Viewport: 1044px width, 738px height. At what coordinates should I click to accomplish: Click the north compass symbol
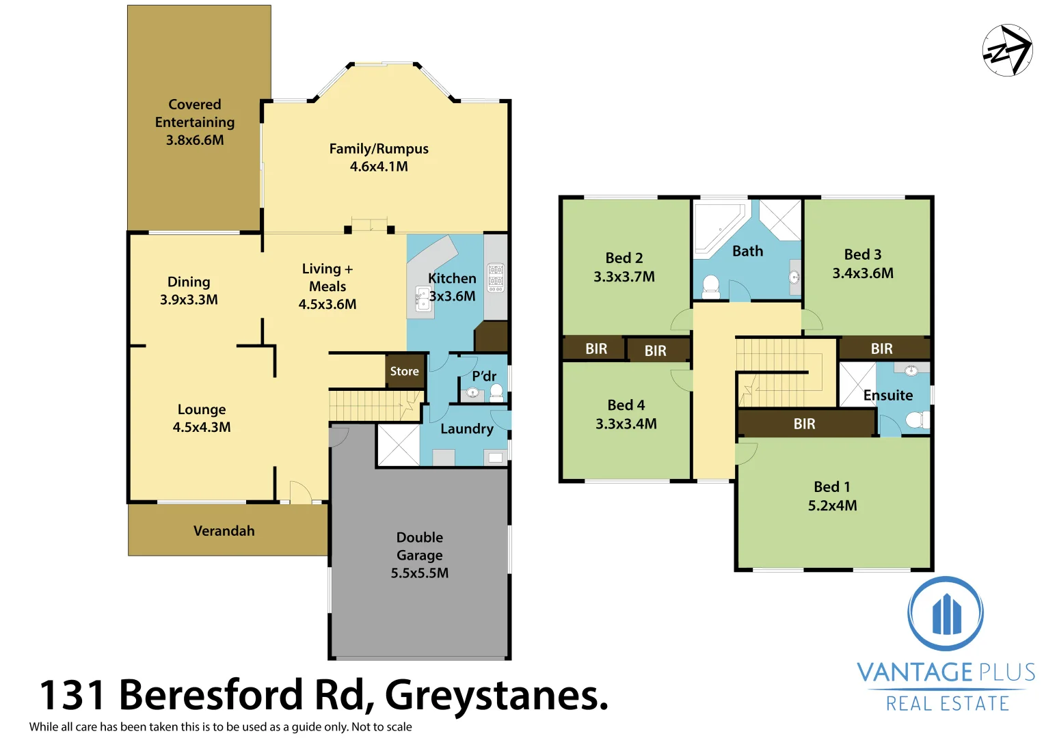[x=1007, y=50]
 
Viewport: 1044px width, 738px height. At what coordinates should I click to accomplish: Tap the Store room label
[x=404, y=371]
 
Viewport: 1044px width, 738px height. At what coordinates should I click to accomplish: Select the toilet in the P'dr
[x=496, y=392]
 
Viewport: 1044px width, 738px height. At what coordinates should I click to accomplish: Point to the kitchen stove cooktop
[x=496, y=278]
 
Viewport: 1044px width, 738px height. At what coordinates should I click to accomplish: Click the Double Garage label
[x=420, y=546]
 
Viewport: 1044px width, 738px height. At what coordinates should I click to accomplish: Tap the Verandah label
[x=224, y=531]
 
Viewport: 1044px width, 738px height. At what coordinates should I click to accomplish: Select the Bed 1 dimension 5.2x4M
[x=832, y=506]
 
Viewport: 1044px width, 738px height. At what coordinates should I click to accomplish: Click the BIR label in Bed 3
[x=881, y=348]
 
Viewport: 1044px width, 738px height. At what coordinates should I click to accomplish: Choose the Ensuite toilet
[x=915, y=420]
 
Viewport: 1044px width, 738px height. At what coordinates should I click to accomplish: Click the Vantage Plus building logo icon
[x=946, y=614]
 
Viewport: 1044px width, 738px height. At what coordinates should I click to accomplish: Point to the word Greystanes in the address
[x=496, y=695]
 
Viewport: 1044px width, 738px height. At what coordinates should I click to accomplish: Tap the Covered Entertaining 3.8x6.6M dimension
[x=195, y=140]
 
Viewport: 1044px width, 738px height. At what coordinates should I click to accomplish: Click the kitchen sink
[x=423, y=299]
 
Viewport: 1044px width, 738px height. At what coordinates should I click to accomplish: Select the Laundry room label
[x=466, y=428]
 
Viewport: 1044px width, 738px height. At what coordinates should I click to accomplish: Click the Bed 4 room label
[x=626, y=405]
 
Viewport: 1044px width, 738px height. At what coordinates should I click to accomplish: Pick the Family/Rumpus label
[x=379, y=149]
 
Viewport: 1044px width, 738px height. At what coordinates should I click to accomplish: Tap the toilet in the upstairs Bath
[x=711, y=286]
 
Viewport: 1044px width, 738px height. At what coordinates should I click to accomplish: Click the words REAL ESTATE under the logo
[x=947, y=703]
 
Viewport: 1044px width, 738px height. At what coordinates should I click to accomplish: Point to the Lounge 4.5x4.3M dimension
[x=202, y=427]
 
